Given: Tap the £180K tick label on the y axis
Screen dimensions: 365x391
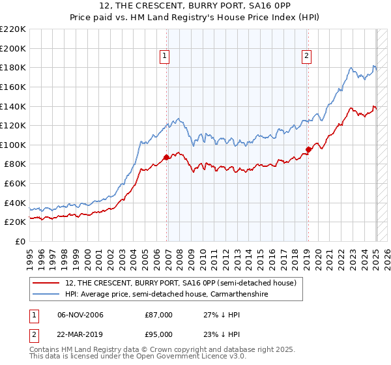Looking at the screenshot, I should click(x=14, y=67).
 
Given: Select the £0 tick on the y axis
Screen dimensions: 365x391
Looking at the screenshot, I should click(x=21, y=242).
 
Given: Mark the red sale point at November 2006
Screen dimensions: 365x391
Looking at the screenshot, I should click(x=166, y=157).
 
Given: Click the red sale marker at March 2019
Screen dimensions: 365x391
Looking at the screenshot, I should click(x=308, y=149).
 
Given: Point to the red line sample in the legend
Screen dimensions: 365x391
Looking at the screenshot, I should click(x=47, y=283).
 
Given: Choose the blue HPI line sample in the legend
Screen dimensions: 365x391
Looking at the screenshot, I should click(x=47, y=294).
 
